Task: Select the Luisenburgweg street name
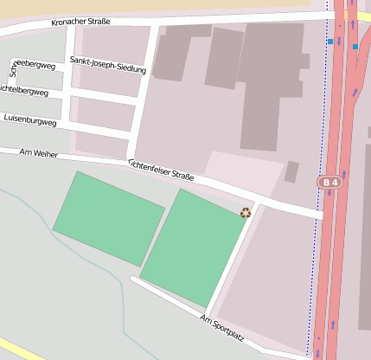pos(30,119)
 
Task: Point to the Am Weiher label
pos(38,153)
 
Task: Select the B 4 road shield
pos(329,183)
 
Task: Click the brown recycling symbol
pos(246,212)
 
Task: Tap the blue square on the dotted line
pos(330,41)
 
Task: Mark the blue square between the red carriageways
pos(355,47)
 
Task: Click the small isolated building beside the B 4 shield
pos(291,171)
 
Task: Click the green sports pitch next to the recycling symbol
pos(192,248)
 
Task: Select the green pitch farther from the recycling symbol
pos(108,218)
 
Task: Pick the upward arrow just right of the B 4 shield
pos(344,183)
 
